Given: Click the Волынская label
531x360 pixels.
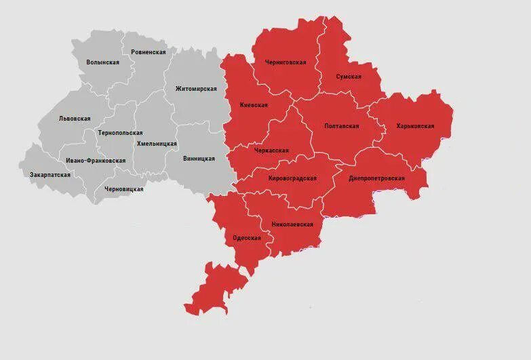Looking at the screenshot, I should [102, 62].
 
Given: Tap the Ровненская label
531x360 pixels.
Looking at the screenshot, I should [149, 52].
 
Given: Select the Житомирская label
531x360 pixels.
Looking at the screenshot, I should [196, 89].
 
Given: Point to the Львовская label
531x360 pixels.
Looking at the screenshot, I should [75, 118].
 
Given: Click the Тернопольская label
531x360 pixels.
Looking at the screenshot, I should [120, 133].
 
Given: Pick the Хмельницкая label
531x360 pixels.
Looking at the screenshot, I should [157, 144].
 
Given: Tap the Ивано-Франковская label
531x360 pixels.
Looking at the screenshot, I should [96, 160].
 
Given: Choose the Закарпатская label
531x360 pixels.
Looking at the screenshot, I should [50, 174].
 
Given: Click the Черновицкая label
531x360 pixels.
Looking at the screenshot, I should [123, 189].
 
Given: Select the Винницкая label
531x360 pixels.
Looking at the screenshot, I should [199, 159].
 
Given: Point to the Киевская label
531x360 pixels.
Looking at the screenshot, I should [254, 105].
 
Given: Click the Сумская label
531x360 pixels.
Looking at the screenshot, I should [349, 77].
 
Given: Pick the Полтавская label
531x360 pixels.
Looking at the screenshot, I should [342, 126].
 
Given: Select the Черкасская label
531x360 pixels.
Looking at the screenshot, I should [271, 151].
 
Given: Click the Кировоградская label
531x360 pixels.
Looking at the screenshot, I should [292, 178].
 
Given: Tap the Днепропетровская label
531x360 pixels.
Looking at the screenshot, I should [376, 178].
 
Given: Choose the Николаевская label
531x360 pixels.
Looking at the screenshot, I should [292, 224].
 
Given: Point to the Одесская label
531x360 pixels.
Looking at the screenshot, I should [247, 238].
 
